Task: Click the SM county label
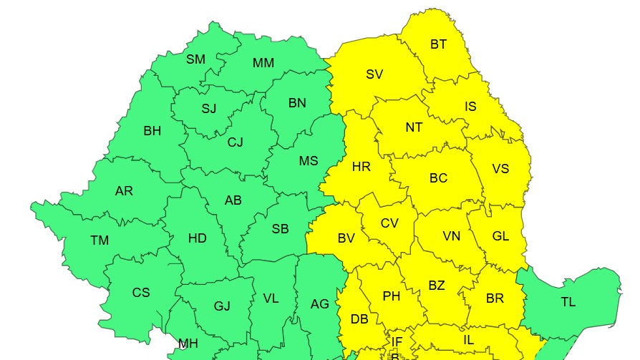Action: [195, 59]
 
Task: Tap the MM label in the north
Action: [263, 63]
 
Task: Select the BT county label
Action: [438, 44]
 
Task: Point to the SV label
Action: [374, 74]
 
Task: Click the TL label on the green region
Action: [568, 302]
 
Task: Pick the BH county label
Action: [152, 131]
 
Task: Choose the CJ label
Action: [236, 142]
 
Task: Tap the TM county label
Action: [100, 240]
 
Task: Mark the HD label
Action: [198, 238]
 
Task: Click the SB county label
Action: [281, 229]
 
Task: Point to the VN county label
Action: [451, 236]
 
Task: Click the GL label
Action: [500, 236]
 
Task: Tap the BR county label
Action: [495, 298]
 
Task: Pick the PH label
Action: [391, 296]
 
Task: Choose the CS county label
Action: [141, 293]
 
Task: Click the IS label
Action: [470, 107]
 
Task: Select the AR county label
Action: [124, 191]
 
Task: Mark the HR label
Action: [362, 167]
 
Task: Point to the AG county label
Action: [319, 304]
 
